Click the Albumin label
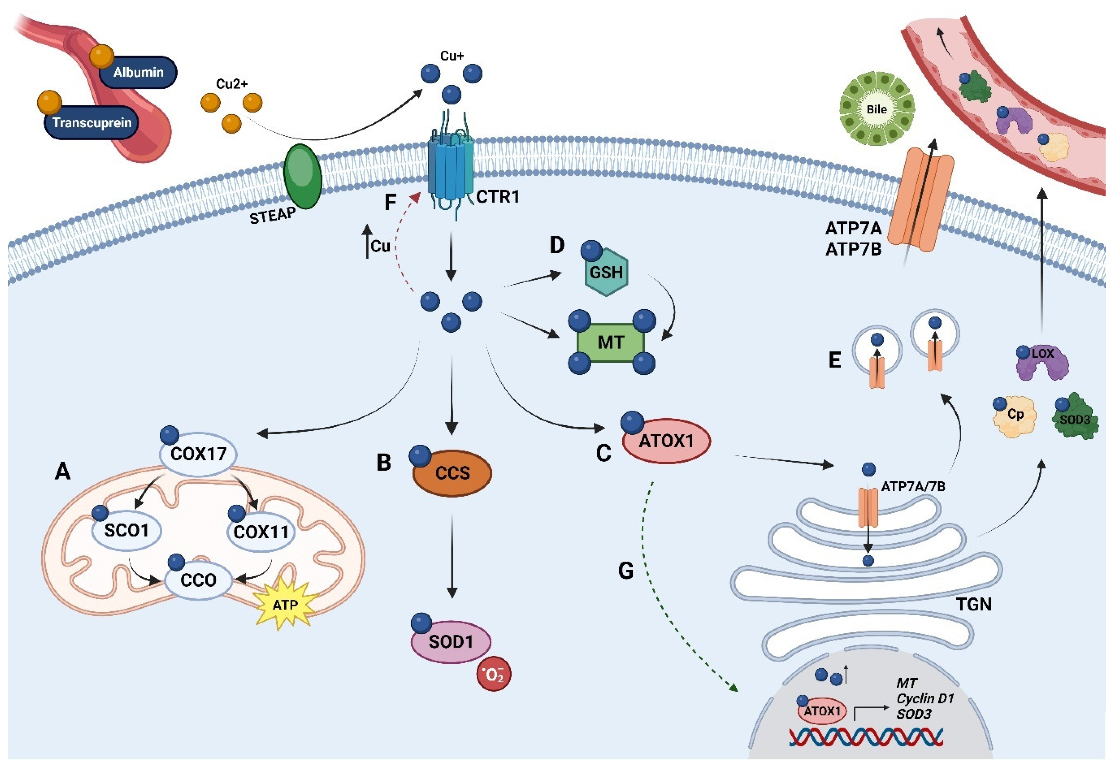tap(138, 72)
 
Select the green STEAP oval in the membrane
tap(303, 176)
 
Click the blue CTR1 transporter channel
tap(450, 171)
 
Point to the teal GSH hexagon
tap(606, 272)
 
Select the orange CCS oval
tap(452, 473)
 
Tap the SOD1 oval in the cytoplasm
tap(450, 642)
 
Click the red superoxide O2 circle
tap(493, 675)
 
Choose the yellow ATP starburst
tap(285, 604)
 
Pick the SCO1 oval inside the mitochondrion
tap(126, 530)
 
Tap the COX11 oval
tap(261, 532)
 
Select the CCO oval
tap(198, 580)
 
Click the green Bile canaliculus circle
tap(876, 109)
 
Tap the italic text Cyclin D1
tap(925, 698)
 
